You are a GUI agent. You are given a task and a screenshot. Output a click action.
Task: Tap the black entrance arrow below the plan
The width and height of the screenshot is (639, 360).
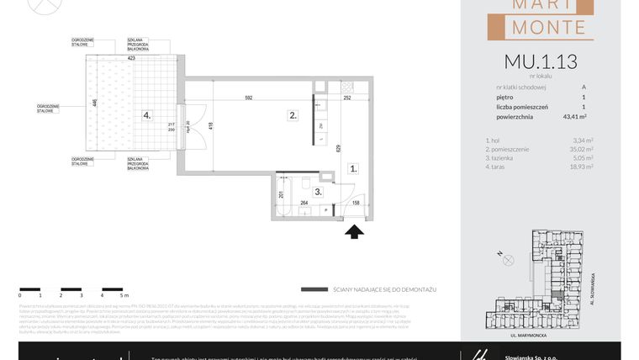354,230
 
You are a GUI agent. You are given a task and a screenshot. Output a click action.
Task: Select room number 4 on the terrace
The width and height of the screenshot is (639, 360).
146,115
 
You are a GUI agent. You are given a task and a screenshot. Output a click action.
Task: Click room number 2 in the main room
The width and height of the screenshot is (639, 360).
293,115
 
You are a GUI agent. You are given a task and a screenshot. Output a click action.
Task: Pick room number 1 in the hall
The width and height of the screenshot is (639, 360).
354,168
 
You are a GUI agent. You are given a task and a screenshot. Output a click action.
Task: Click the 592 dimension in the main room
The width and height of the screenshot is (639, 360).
249,98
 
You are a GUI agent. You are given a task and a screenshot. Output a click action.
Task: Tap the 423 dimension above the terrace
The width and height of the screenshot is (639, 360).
131,59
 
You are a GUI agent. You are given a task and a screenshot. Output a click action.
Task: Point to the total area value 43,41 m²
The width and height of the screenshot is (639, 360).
580,117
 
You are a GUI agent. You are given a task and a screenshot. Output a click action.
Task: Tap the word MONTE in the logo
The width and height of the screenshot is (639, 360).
541,28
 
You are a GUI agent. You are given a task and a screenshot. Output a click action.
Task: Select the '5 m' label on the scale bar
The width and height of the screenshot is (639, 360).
124,295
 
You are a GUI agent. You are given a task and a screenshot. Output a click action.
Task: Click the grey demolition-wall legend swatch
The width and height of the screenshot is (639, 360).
314,289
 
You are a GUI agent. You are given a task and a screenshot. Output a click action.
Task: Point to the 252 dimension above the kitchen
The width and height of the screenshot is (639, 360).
346,98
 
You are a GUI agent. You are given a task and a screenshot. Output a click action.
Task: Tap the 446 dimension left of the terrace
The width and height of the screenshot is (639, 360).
94,104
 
